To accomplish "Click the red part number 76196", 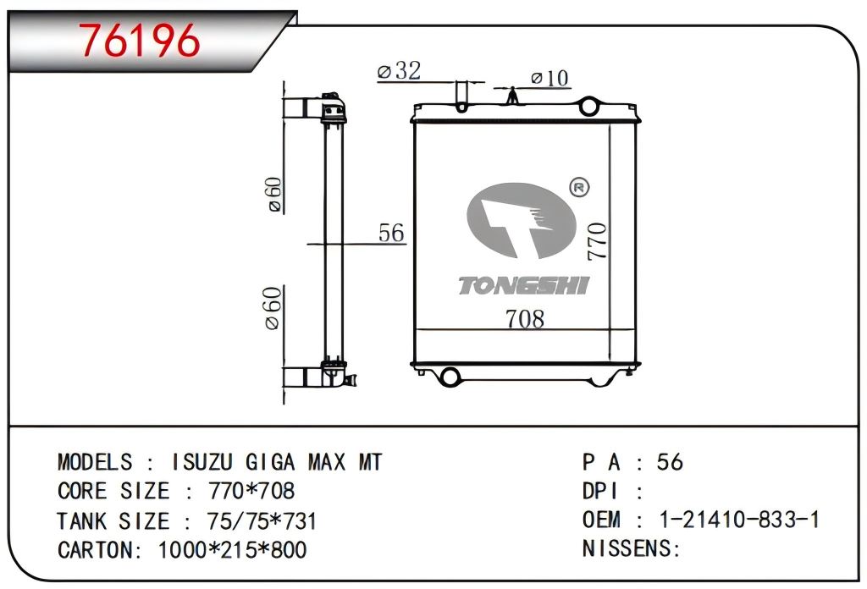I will point(141,40).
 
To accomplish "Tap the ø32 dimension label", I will point(399,71).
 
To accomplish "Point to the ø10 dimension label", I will point(549,79).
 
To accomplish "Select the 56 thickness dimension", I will point(391,233).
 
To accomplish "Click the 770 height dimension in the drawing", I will point(598,241).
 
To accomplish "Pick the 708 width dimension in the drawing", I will point(524,319).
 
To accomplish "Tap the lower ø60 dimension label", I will point(273,308).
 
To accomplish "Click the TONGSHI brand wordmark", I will point(523,286).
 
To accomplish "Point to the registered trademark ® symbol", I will point(579,187).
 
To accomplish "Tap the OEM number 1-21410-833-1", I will point(738,520).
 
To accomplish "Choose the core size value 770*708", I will point(251,492).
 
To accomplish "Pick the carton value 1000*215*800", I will point(233,549).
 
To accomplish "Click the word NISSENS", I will point(627,548).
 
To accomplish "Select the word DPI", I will point(600,492).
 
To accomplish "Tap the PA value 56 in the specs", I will point(670,462).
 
